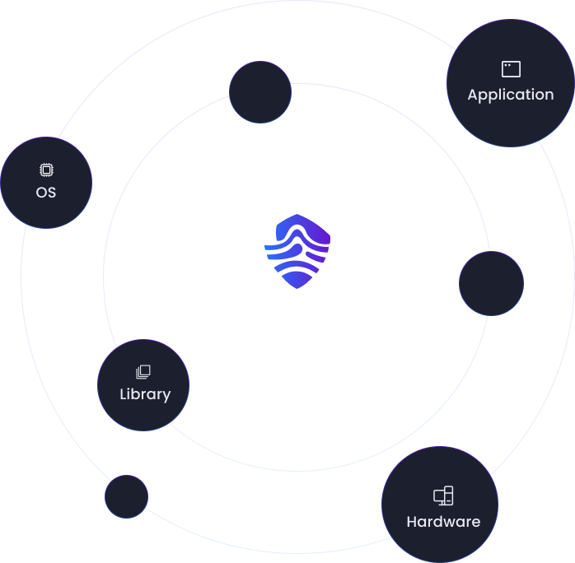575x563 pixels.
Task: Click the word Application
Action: [x=511, y=95]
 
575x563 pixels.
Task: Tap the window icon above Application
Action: [x=511, y=69]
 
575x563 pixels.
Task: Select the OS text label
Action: [x=46, y=193]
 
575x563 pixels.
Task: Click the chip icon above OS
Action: [x=46, y=170]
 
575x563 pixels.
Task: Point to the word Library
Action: [x=145, y=394]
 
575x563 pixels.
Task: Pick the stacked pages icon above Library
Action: [x=143, y=372]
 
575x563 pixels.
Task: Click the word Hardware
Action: [x=443, y=522]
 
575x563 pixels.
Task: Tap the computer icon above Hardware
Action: [x=443, y=496]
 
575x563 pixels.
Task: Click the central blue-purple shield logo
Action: [x=297, y=251]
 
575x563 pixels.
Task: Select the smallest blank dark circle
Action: [x=127, y=496]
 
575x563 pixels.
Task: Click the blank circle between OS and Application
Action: [x=260, y=92]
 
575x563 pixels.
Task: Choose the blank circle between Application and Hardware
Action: [x=492, y=283]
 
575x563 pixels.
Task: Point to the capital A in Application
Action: [x=474, y=95]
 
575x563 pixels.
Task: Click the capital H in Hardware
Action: [x=412, y=522]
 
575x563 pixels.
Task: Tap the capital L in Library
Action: [x=124, y=393]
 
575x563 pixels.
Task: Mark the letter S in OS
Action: [x=52, y=193]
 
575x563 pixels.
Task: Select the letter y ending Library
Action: [x=166, y=397]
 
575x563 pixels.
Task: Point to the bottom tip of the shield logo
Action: [x=297, y=289]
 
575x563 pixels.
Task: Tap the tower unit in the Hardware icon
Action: [x=449, y=496]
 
